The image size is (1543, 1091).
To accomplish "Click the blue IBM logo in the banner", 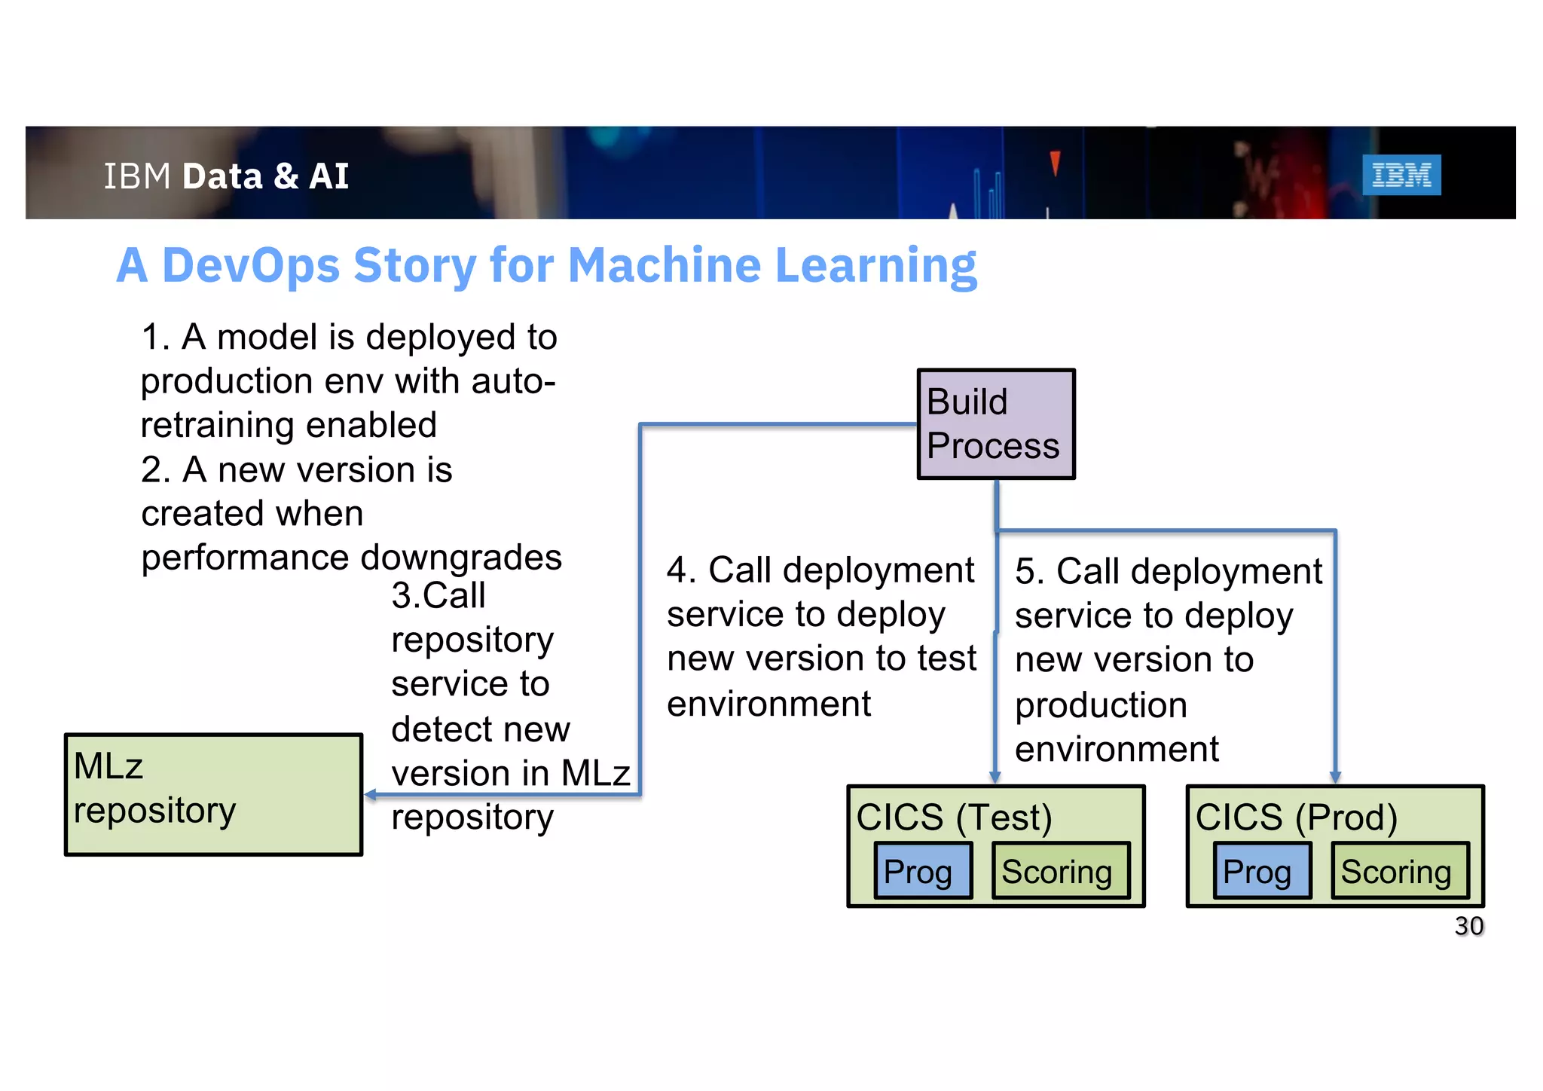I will coord(1401,175).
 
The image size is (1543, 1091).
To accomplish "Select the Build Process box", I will coord(995,423).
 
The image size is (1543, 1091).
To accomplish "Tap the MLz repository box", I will coord(213,794).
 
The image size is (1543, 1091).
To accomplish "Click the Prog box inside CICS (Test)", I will coord(922,871).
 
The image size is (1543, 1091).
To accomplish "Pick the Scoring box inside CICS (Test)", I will coord(1060,871).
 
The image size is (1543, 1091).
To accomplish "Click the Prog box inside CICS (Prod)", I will coord(1261,871).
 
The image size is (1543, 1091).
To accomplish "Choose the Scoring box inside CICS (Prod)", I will coord(1399,871).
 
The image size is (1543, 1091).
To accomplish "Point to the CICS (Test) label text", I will coord(954,817).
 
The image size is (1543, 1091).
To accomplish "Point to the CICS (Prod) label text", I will coord(1296,817).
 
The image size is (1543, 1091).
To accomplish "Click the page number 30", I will coord(1468,926).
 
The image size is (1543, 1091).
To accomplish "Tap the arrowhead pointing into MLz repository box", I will coord(370,794).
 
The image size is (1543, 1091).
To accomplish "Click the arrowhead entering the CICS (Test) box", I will coord(995,778).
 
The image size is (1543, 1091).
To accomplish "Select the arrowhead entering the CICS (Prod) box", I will coord(1334,778).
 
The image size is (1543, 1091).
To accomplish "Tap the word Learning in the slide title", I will coord(875,267).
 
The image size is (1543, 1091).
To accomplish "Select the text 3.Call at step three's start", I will coord(438,596).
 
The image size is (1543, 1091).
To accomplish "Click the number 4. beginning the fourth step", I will coord(681,570).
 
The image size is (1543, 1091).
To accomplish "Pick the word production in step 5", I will coord(1100,705).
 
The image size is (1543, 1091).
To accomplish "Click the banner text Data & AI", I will coord(265,176).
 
